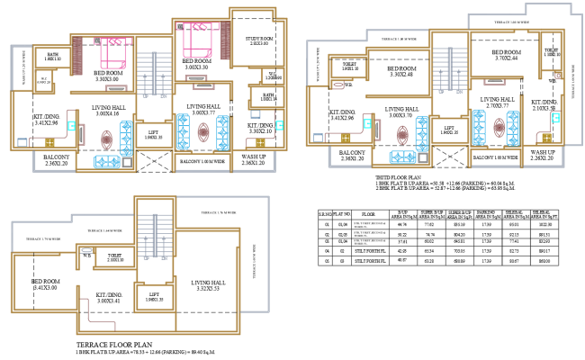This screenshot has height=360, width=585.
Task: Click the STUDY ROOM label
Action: click(260, 40)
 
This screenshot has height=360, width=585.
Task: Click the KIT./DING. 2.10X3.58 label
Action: click(544, 106)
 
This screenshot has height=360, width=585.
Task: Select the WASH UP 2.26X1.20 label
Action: click(542, 156)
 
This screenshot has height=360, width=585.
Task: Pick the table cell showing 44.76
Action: click(404, 226)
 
